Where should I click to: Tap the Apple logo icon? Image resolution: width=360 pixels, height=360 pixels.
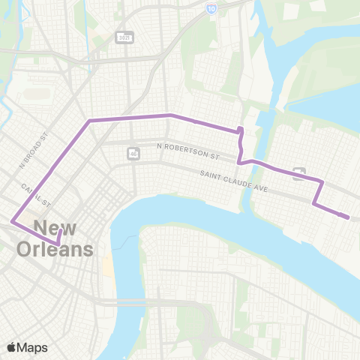[11, 347]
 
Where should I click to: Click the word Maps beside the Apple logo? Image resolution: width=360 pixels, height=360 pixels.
[34, 347]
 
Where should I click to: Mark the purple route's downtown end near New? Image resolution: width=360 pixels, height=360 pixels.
[58, 244]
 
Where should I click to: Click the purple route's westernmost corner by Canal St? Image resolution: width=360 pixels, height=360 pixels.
[11, 221]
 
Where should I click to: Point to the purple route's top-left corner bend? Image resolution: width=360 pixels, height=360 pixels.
[90, 120]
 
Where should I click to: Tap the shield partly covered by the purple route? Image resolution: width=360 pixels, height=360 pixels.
[299, 173]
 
